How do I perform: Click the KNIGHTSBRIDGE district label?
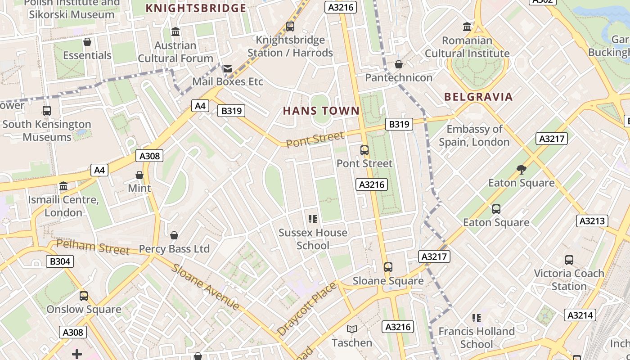click(196, 8)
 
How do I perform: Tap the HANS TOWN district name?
click(321, 111)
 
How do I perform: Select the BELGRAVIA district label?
click(478, 97)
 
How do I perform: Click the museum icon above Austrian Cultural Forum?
click(175, 32)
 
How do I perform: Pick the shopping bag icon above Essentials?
click(87, 42)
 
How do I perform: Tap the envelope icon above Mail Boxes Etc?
click(228, 68)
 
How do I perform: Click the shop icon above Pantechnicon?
click(398, 65)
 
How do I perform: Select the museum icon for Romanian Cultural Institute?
click(467, 27)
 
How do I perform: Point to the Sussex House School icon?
click(313, 219)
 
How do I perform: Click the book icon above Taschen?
click(352, 329)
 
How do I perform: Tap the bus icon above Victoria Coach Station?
click(569, 260)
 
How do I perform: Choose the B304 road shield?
click(60, 261)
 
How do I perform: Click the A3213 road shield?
click(592, 221)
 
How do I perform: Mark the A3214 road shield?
click(580, 315)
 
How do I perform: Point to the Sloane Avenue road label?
click(205, 287)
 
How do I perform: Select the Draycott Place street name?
click(307, 308)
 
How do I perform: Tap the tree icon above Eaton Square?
click(522, 170)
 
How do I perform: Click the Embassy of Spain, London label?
click(474, 135)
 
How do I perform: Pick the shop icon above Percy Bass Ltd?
click(174, 235)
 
